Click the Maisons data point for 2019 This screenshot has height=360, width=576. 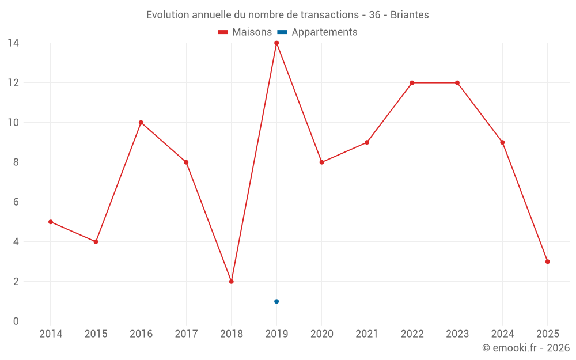276,43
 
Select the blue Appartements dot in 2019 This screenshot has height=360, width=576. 276,301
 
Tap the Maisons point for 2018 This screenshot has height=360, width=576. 231,282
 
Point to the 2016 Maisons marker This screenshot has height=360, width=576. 141,123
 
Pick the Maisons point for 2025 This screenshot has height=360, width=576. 547,262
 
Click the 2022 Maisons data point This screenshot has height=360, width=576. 412,83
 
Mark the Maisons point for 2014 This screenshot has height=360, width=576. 51,222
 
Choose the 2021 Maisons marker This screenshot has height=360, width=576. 367,142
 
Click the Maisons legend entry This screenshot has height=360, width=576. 245,32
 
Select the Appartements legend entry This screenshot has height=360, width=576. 318,32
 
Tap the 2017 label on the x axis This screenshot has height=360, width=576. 186,334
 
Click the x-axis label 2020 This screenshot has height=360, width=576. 321,334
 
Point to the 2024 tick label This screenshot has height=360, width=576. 502,334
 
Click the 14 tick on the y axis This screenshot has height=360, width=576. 13,43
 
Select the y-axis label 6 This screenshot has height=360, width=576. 16,202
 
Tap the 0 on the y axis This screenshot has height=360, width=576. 16,321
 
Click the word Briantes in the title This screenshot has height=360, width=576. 410,15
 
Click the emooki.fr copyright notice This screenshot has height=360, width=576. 525,348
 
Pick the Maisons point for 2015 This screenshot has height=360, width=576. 96,242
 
